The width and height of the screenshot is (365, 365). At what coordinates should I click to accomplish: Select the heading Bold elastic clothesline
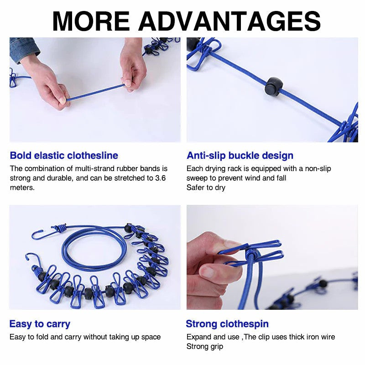pyautogui.click(x=64, y=156)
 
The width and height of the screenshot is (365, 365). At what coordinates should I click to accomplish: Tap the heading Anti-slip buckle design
pyautogui.click(x=240, y=156)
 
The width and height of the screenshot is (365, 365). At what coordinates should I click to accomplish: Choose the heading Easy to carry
pyautogui.click(x=40, y=324)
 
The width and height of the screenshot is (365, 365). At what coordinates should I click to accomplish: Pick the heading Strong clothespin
pyautogui.click(x=227, y=324)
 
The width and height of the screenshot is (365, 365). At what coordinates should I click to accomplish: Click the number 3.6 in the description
pyautogui.click(x=160, y=178)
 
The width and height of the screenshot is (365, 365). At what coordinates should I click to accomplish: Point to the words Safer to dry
pyautogui.click(x=206, y=188)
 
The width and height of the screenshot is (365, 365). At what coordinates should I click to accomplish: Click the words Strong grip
pyautogui.click(x=205, y=346)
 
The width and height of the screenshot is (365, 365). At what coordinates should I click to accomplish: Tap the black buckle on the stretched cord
pyautogui.click(x=274, y=86)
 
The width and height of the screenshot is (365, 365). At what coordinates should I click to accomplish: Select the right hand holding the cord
pyautogui.click(x=133, y=68)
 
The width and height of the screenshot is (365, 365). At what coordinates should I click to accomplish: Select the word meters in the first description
pyautogui.click(x=22, y=188)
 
